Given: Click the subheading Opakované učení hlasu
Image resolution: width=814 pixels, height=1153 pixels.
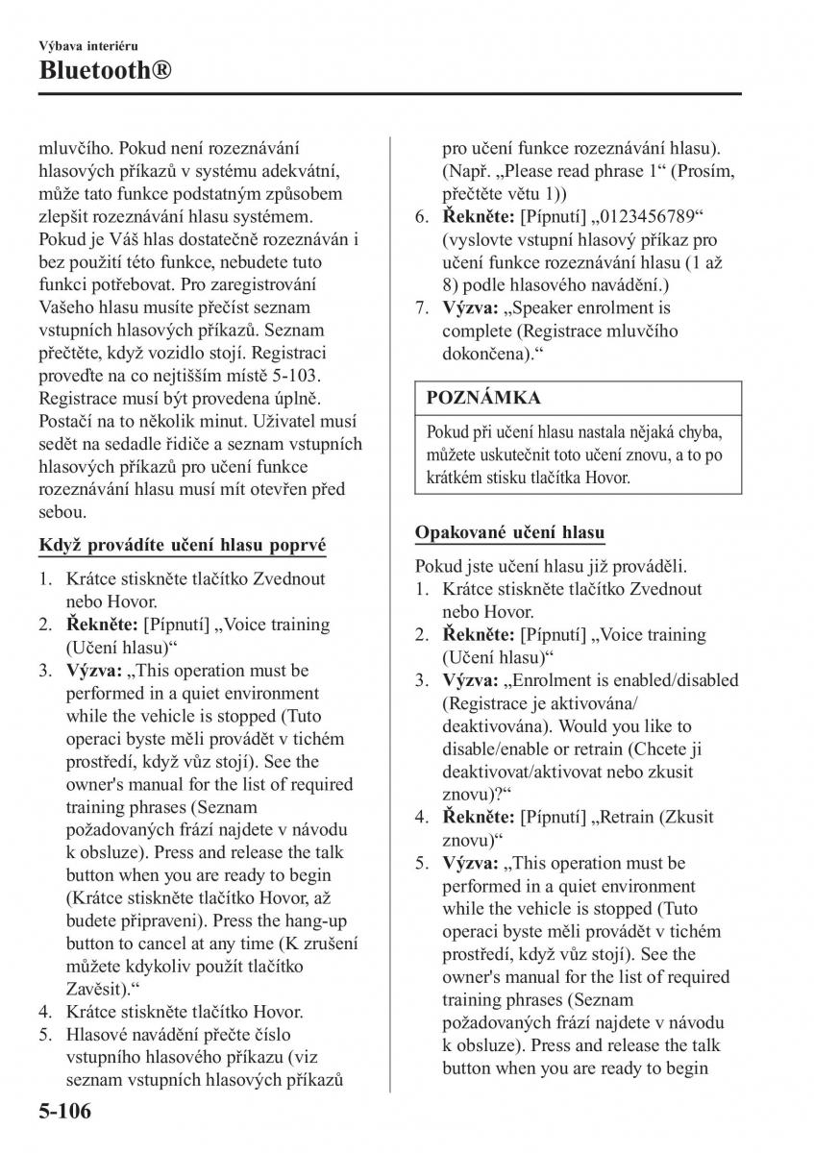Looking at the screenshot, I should pyautogui.click(x=509, y=532).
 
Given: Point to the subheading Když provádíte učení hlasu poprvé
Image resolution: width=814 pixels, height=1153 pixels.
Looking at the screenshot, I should pyautogui.click(x=182, y=545).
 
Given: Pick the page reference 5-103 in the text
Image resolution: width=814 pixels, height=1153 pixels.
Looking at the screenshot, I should pyautogui.click(x=297, y=374).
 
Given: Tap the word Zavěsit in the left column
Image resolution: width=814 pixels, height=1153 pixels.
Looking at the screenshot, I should pyautogui.click(x=95, y=988).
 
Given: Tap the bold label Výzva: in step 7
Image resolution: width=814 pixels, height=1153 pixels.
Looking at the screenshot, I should pyautogui.click(x=469, y=308).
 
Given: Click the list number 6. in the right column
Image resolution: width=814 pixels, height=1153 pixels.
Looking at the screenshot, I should pyautogui.click(x=422, y=216).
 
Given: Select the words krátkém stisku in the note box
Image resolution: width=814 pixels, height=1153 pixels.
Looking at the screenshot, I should pyautogui.click(x=476, y=477).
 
